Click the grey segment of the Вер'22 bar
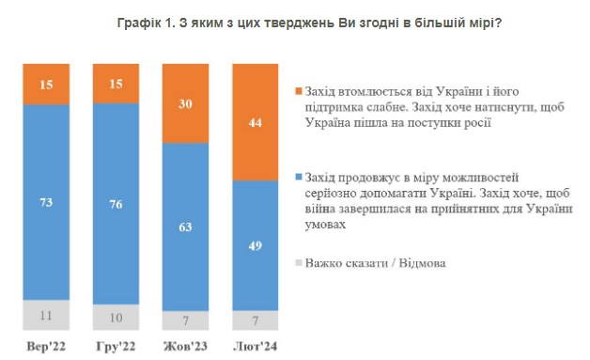[x=47, y=316]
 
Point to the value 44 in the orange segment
[x=255, y=122]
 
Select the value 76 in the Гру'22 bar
[x=116, y=203]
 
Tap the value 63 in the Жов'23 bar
[x=185, y=226]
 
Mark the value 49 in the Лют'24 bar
[x=255, y=244]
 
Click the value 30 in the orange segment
[x=185, y=104]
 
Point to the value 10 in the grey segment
[x=116, y=318]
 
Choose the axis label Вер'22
[x=47, y=347]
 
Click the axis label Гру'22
[x=116, y=347]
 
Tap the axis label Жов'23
[x=185, y=347]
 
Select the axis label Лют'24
[x=255, y=347]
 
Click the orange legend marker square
[x=298, y=90]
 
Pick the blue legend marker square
[x=298, y=176]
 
